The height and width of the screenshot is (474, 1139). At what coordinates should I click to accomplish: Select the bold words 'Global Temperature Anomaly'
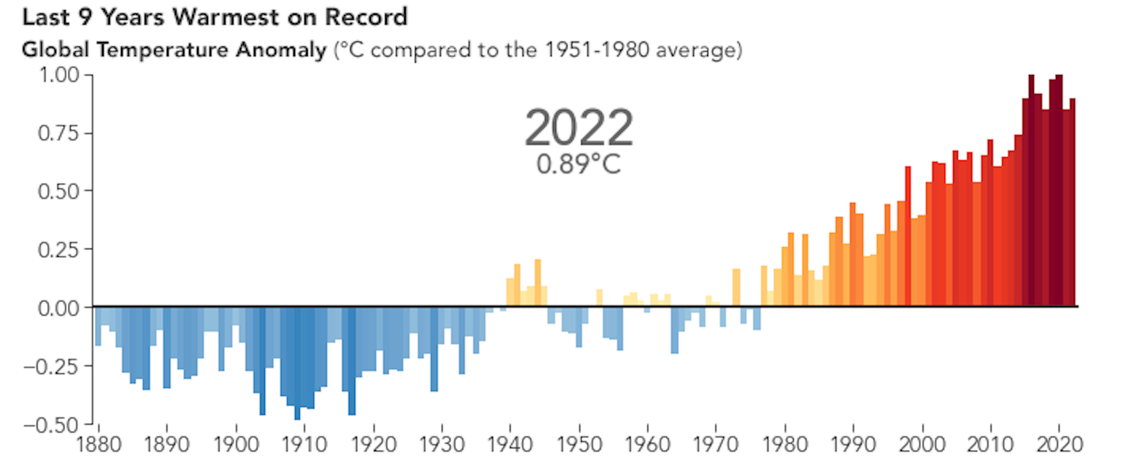[173, 51]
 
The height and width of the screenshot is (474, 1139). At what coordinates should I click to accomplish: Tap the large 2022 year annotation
[578, 128]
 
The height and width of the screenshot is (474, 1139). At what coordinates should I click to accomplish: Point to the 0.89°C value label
[578, 164]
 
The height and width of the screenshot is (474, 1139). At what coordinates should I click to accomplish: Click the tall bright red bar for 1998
[908, 237]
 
